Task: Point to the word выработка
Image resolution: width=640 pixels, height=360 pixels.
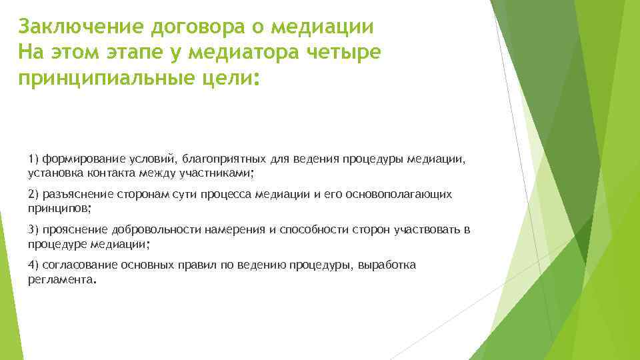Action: (387, 265)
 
